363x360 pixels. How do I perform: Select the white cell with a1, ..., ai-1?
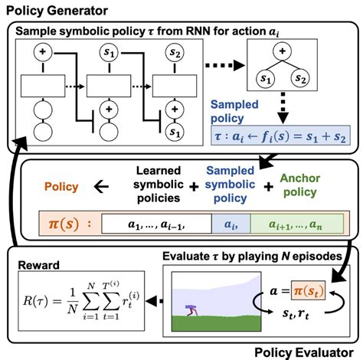pos(156,223)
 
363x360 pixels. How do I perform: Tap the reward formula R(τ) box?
pos(80,301)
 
